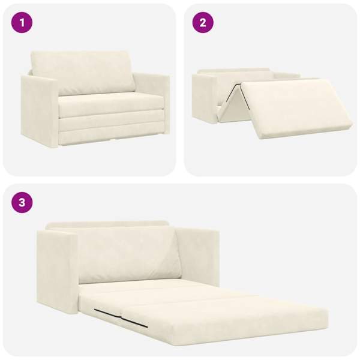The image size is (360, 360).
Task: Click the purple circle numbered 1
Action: pyautogui.click(x=22, y=23)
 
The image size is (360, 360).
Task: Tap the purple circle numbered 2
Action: pyautogui.click(x=203, y=23)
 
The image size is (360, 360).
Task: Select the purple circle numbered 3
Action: pyautogui.click(x=22, y=203)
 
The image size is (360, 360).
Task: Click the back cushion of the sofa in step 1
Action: pyautogui.click(x=83, y=73)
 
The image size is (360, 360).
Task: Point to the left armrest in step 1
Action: pyautogui.click(x=39, y=110)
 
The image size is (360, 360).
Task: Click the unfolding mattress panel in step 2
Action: pyautogui.click(x=296, y=108)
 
